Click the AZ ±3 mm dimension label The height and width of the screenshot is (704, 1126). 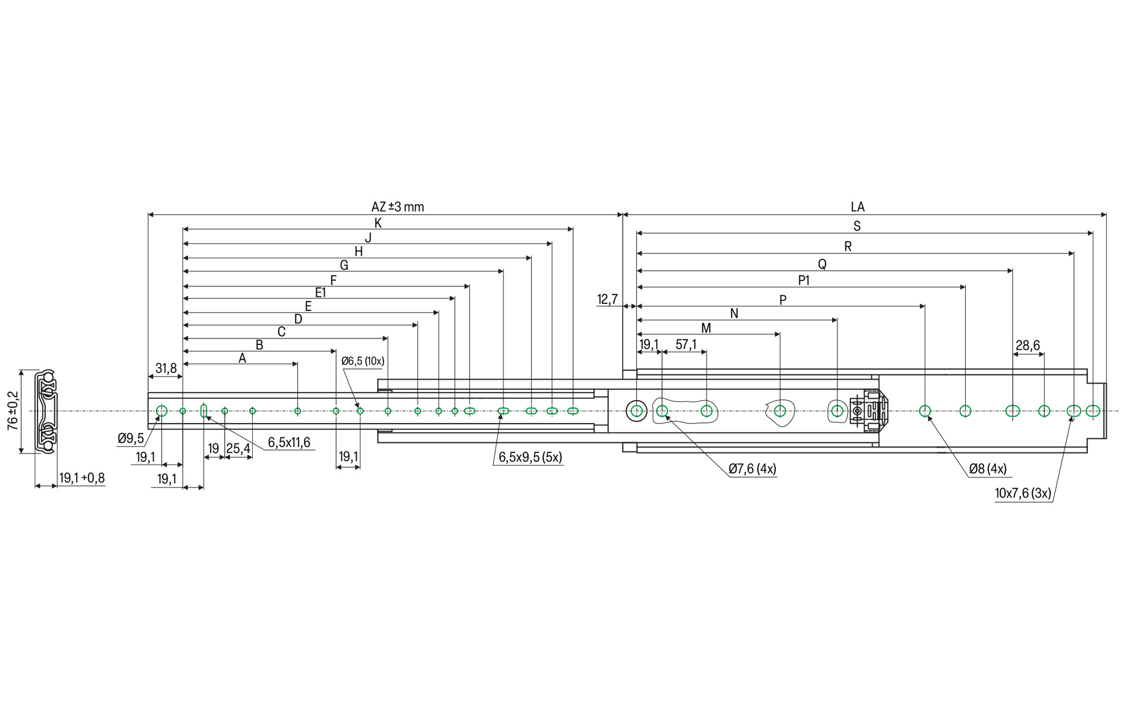coord(397,207)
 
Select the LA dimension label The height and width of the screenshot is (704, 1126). coord(857,207)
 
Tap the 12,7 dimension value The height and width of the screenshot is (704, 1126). coord(607,300)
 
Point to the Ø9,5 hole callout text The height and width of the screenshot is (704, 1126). coord(130,439)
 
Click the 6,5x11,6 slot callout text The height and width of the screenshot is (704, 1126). coord(289,443)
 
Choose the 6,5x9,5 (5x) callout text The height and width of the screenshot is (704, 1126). coord(530,458)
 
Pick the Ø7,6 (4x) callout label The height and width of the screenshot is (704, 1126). coord(752,469)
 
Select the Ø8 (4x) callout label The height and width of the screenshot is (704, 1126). coord(988,469)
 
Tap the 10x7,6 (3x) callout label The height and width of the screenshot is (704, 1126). coord(1023,493)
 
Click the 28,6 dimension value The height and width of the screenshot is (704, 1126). coord(1027,346)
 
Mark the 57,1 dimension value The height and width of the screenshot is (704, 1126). coord(686,344)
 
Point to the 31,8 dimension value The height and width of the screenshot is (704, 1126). coord(166,368)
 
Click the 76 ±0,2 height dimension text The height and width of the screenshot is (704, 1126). coord(13,411)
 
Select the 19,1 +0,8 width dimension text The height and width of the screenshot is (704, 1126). coord(82,478)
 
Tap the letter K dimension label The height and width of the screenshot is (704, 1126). coord(378,223)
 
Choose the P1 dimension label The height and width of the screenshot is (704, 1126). coord(803,280)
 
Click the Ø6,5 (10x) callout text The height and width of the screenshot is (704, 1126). coord(362,361)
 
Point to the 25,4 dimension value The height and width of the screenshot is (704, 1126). coord(238,449)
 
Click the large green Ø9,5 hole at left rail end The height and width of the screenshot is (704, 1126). coord(162,411)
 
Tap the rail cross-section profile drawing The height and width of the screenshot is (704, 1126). coord(46,411)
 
